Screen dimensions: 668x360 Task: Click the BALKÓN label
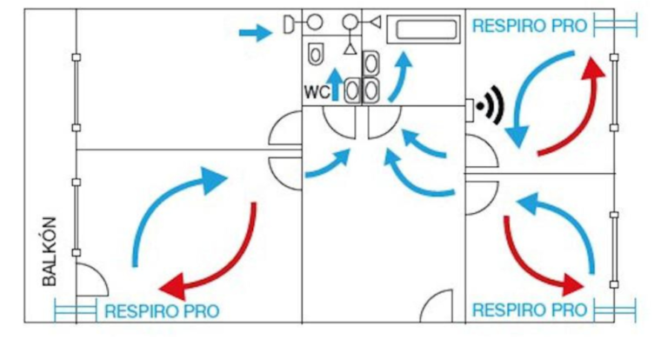coord(50,251)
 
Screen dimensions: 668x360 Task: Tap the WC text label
coord(317,92)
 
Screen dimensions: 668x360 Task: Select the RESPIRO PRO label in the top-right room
coord(530,26)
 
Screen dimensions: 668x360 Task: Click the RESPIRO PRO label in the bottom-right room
coord(530,310)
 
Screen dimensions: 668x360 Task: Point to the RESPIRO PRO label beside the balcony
coord(162,311)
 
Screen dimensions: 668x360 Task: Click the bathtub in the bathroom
coord(424,29)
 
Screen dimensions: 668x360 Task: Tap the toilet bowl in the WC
coord(316,54)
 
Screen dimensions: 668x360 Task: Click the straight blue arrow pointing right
coord(255,33)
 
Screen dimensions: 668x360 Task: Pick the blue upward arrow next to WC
coord(336,84)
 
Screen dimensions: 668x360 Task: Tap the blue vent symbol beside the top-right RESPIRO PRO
coord(615,24)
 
